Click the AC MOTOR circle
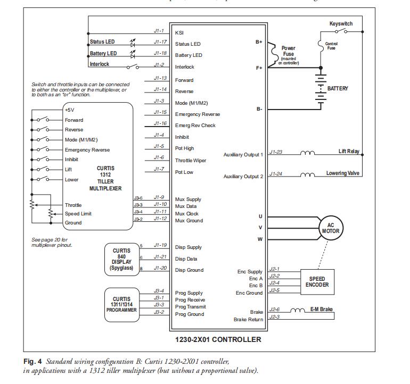tap(331, 228)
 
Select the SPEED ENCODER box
tap(317, 282)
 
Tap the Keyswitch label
tap(341, 24)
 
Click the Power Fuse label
tap(289, 51)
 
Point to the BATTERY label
tap(338, 88)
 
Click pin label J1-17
tap(160, 41)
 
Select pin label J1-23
tap(276, 152)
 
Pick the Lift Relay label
tap(349, 152)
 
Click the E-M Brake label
tap(322, 308)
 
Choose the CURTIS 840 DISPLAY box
tap(121, 259)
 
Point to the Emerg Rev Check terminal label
tap(195, 126)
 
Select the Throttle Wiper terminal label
tap(191, 160)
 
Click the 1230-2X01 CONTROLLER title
tap(218, 339)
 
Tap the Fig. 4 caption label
tap(32, 362)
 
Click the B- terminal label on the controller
tap(259, 108)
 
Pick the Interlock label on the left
tap(99, 64)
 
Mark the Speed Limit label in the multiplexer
tap(78, 214)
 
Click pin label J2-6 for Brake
tap(275, 308)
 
